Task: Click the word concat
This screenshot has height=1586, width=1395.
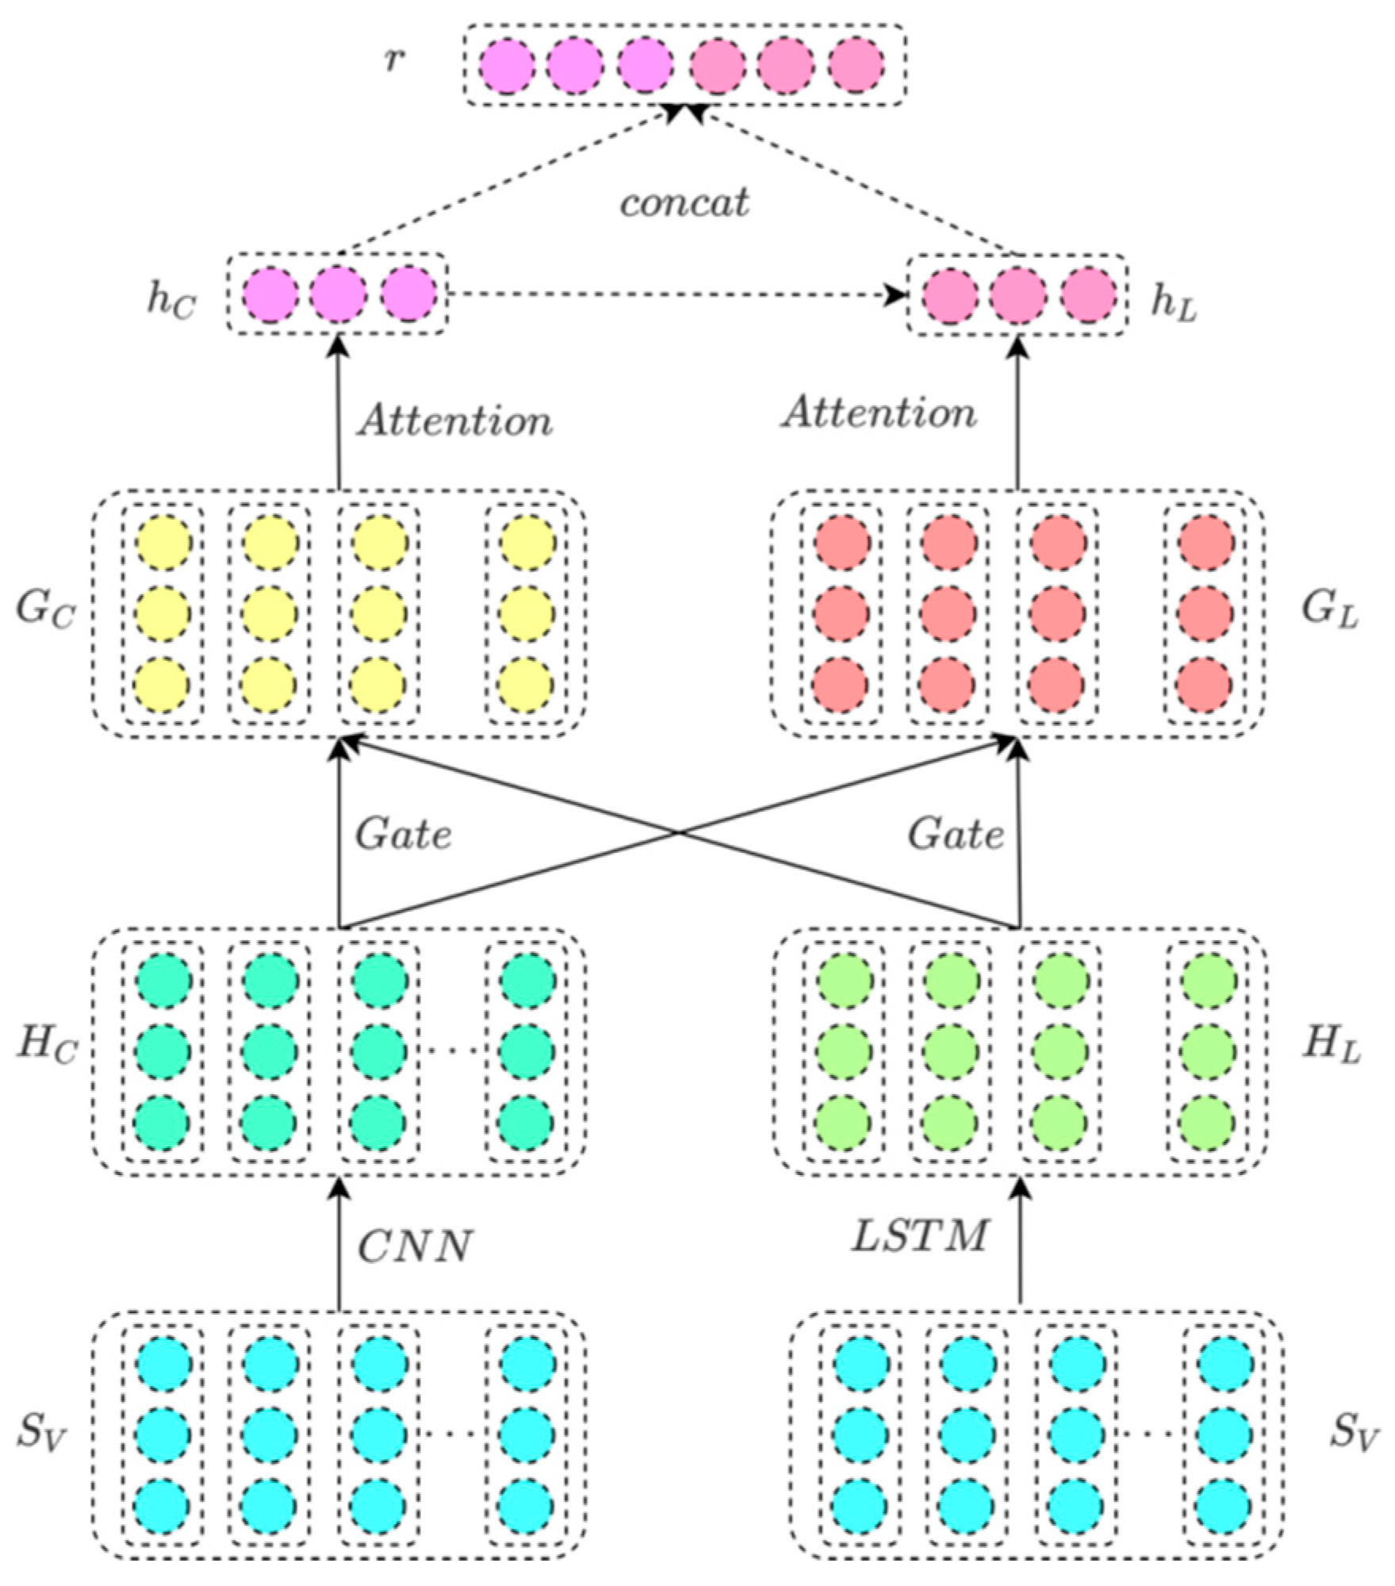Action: point(684,203)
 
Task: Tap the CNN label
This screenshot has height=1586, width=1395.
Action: point(414,1246)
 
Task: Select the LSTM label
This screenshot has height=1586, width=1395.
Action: point(920,1235)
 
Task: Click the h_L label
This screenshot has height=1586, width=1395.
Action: point(1174,304)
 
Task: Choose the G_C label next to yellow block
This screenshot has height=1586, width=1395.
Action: point(45,610)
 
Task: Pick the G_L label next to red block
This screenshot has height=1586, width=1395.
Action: point(1330,610)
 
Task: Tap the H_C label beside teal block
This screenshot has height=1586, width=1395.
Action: point(48,1045)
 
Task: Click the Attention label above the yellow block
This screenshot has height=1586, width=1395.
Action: point(454,420)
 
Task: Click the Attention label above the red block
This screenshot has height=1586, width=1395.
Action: point(879,413)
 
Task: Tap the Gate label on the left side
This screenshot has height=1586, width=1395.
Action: point(403,834)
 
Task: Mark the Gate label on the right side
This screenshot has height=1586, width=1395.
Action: point(956,834)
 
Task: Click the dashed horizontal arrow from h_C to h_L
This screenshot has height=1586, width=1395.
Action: point(674,295)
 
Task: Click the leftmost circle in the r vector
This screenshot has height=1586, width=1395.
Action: point(507,65)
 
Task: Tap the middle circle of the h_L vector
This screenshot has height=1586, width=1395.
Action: point(1018,295)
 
